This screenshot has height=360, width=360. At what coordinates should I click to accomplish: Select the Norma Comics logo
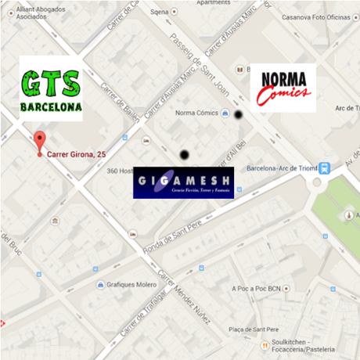click(283, 88)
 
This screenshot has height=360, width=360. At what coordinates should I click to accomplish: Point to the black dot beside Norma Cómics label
click(238, 115)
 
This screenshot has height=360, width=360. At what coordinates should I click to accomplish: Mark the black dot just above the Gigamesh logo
click(184, 155)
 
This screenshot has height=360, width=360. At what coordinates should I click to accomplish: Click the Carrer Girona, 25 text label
click(77, 154)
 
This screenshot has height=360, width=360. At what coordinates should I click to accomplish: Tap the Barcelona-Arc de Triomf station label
click(282, 168)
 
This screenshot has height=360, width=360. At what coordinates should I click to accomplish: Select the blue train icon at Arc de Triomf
click(325, 167)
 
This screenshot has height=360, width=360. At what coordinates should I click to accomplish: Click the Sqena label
click(160, 12)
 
